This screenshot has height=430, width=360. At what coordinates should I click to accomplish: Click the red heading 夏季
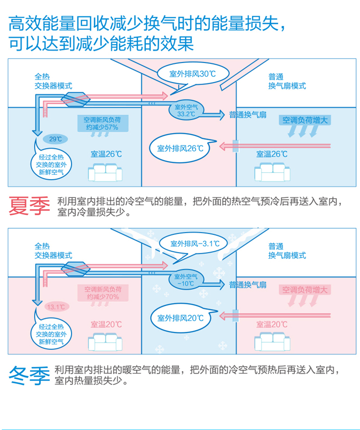pos(29,206)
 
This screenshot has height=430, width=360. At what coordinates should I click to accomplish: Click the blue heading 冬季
pos(29,375)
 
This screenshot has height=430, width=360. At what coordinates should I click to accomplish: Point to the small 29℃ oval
pos(55,139)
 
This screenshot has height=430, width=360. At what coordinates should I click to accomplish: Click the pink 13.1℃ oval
pos(57,307)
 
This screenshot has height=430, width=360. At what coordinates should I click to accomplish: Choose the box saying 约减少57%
pos(103,123)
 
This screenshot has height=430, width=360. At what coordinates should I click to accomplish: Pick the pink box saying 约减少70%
pos(103,293)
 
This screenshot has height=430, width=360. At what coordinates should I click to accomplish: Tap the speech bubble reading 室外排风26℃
pos(180,148)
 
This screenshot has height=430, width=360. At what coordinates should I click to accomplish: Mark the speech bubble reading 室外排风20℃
pos(181,318)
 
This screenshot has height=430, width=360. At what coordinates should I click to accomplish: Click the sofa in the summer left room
pos(105,172)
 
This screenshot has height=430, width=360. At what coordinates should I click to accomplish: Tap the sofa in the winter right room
pos(272,342)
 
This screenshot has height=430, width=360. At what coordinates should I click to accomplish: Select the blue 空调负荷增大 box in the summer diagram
pos(305,120)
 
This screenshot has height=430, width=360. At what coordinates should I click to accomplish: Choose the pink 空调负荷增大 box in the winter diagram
pos(305,290)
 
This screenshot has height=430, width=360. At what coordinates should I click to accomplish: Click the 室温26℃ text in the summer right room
pos(272,154)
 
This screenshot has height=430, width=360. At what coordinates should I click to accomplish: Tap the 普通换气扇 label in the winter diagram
pos(248,285)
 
